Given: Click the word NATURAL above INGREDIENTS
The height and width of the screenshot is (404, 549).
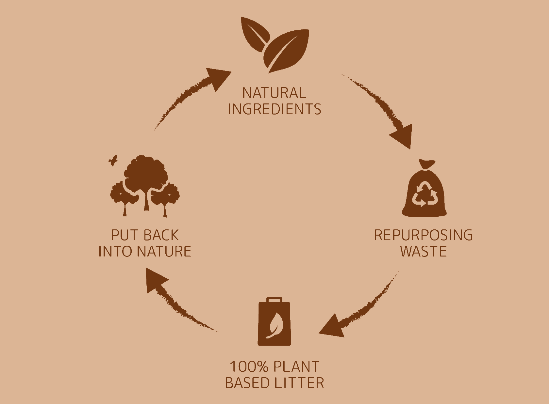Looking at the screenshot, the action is [x=274, y=93].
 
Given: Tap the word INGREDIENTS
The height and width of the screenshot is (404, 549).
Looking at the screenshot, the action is [x=274, y=109].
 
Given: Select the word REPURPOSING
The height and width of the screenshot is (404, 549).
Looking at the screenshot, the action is [x=423, y=235].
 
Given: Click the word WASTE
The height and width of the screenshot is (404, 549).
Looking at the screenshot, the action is [x=423, y=251].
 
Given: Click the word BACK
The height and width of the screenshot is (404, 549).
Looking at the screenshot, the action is [x=160, y=235].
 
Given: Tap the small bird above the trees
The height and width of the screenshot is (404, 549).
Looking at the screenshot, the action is [x=113, y=160].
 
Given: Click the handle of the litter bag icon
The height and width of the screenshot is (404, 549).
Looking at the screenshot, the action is [x=274, y=300].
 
